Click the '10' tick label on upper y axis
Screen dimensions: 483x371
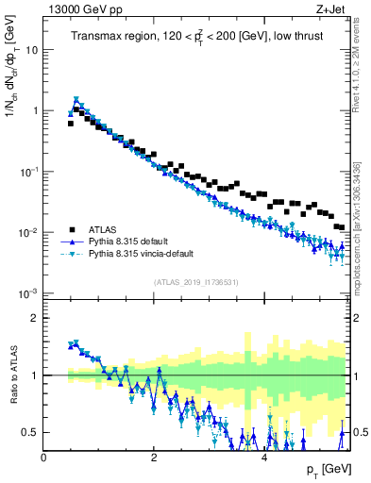point(31,50)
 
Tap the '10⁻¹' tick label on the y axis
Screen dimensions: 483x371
point(29,171)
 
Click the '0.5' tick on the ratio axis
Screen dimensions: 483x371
point(30,433)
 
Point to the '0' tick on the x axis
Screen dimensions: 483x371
point(43,458)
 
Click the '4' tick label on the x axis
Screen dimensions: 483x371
point(263,458)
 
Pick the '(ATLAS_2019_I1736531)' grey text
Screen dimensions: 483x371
point(196,282)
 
